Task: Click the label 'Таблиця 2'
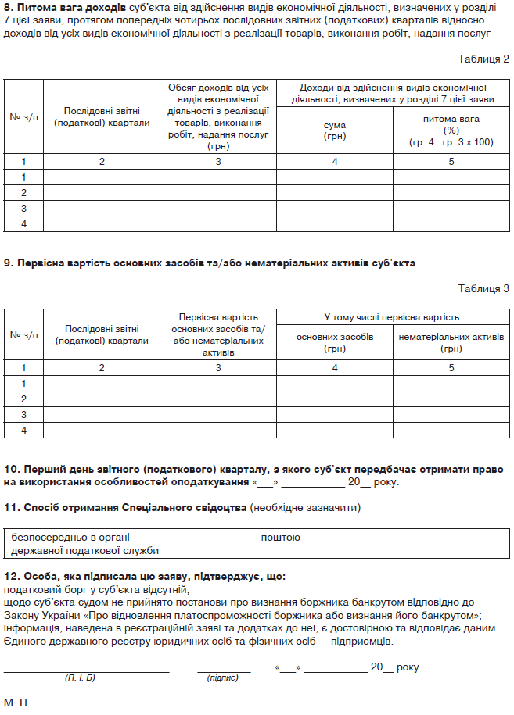coord(483,59)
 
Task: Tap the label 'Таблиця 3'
coord(483,288)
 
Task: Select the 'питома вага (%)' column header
coord(451,130)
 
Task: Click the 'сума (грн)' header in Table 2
coord(334,130)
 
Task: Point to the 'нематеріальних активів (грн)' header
coord(451,342)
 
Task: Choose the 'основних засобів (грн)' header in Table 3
coord(334,342)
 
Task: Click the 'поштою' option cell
coord(280,538)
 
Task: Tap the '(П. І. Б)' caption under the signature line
coord(80,677)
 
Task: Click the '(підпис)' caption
coord(223,677)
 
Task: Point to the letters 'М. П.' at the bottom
coord(16,703)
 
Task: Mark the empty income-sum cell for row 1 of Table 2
coord(334,177)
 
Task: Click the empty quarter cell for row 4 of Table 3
coord(102,431)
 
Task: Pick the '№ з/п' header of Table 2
coord(23,117)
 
